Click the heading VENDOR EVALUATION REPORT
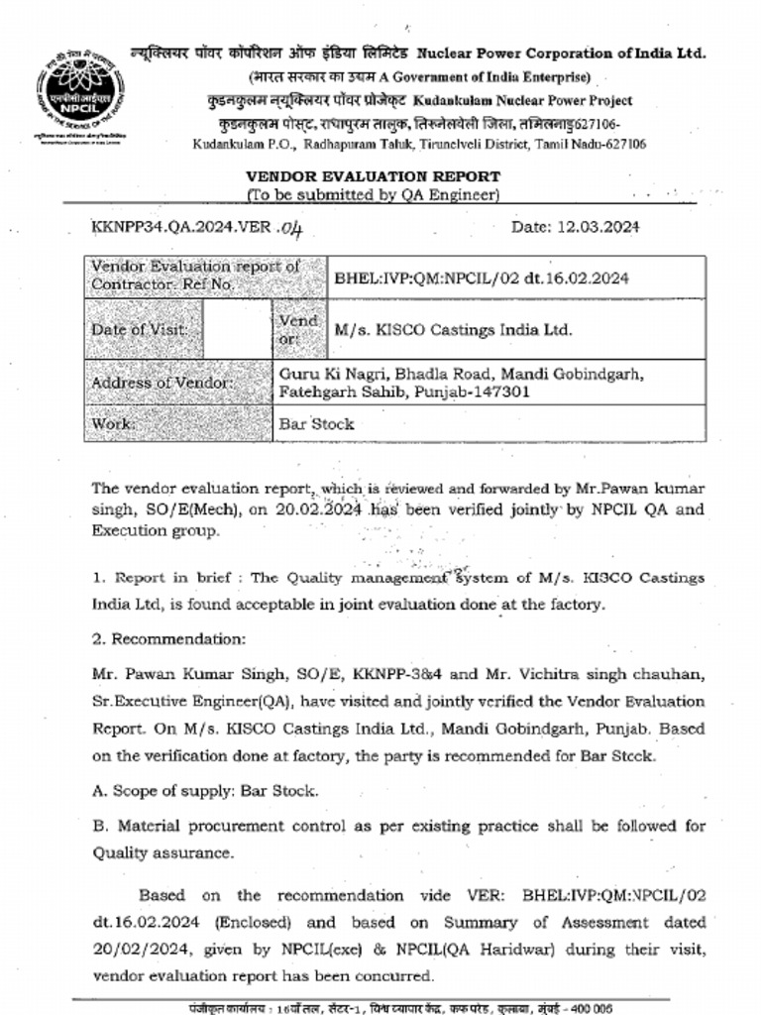pos(373,176)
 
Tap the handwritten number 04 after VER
pos(289,228)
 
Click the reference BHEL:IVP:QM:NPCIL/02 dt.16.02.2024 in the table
pos(482,279)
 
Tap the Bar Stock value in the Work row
pos(316,424)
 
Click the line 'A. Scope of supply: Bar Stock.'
pos(205,791)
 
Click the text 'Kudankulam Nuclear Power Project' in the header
pos(522,101)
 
